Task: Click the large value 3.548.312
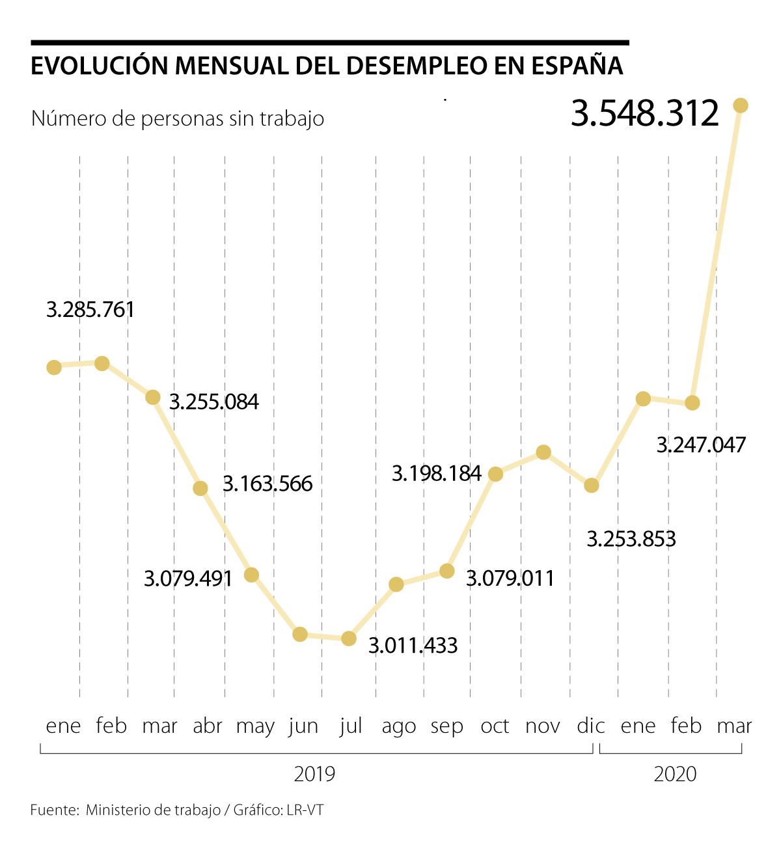click(644, 113)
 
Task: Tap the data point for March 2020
click(741, 105)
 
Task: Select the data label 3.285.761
click(90, 310)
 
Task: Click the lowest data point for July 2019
click(349, 638)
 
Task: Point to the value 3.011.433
click(413, 646)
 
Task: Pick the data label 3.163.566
click(267, 484)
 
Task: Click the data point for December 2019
click(591, 486)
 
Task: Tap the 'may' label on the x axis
click(255, 726)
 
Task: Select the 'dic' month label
click(590, 726)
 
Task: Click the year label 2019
click(314, 775)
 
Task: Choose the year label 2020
click(675, 775)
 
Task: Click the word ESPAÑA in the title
click(577, 66)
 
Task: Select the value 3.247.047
click(701, 445)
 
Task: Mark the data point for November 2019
click(543, 452)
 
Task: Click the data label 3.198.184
click(437, 474)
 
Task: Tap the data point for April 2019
click(200, 488)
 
